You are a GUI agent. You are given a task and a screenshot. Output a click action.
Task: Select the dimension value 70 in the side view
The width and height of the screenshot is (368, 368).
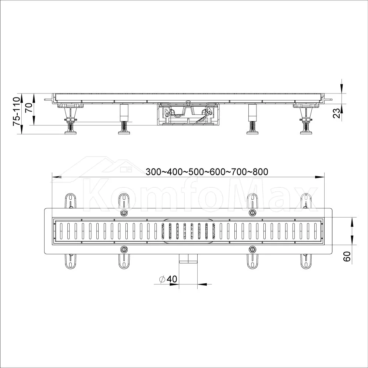click(29, 107)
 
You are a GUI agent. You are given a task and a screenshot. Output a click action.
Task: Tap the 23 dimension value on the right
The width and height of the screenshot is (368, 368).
click(337, 113)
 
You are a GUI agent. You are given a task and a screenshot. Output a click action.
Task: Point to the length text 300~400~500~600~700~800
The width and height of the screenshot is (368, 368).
click(207, 172)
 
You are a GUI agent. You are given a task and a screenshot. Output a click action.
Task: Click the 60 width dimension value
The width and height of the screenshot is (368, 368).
click(347, 256)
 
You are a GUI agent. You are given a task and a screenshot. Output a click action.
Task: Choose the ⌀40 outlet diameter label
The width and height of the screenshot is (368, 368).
click(168, 279)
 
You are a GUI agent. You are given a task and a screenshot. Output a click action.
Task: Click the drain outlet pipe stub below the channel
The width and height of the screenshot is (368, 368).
click(188, 259)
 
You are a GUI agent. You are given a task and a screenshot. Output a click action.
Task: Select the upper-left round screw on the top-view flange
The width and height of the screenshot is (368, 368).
click(124, 213)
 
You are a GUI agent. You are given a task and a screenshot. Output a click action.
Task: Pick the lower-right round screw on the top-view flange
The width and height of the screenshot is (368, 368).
click(252, 249)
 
